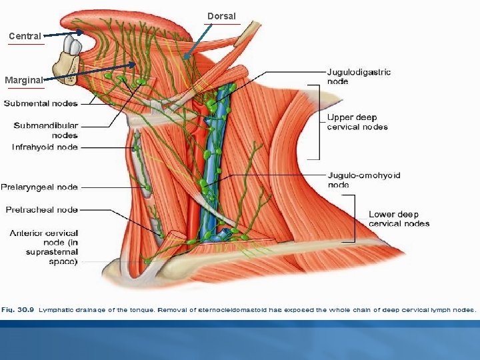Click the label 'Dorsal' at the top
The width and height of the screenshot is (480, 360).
point(221,16)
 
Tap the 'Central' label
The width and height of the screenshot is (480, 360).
point(25,36)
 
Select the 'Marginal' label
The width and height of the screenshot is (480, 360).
point(24,81)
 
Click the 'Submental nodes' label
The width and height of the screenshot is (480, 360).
point(41,103)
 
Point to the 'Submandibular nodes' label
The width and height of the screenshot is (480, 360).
point(46,130)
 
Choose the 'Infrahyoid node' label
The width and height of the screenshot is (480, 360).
point(45,147)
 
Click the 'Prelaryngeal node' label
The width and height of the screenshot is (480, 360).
point(39,187)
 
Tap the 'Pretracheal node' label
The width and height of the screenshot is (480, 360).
point(42,209)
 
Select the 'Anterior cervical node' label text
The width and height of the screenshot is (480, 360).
point(44,247)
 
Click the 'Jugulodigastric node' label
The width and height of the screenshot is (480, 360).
point(359,76)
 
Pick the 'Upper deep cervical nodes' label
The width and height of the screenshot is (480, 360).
point(357,122)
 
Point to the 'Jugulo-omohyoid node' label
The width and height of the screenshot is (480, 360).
point(363,179)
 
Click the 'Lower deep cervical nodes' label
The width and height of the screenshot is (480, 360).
point(399,219)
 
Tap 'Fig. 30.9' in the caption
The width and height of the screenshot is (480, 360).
point(19,309)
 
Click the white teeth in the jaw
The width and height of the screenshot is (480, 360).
point(72,47)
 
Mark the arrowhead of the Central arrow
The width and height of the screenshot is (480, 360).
point(81,32)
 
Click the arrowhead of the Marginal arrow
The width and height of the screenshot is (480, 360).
point(137,65)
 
